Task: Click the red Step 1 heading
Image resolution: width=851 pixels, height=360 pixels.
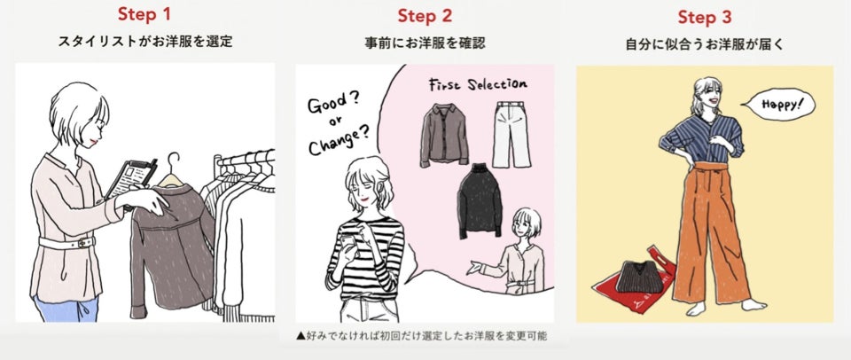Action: pyautogui.click(x=144, y=15)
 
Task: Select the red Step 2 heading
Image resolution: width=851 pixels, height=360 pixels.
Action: pyautogui.click(x=425, y=16)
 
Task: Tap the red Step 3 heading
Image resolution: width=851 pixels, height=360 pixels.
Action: pyautogui.click(x=705, y=18)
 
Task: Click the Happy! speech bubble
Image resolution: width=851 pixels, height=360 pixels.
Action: pyautogui.click(x=782, y=105)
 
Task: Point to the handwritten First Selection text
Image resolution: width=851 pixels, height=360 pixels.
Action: pyautogui.click(x=478, y=85)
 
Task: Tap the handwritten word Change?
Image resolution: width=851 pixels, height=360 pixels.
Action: pyautogui.click(x=339, y=141)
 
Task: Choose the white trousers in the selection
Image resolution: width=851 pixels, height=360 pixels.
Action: pyautogui.click(x=511, y=135)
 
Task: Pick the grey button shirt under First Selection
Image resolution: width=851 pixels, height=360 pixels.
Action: pyautogui.click(x=444, y=134)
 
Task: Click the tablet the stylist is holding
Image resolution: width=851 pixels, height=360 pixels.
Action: pyautogui.click(x=131, y=178)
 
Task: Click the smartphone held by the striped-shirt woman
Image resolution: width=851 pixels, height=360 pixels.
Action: pyautogui.click(x=347, y=242)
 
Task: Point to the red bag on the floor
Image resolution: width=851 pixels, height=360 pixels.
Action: pyautogui.click(x=634, y=282)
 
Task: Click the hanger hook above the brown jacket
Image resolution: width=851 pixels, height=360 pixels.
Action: pyautogui.click(x=173, y=163)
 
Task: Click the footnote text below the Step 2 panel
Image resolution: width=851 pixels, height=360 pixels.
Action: pyautogui.click(x=421, y=335)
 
